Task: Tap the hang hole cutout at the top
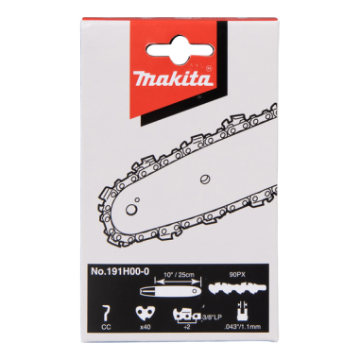180,28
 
